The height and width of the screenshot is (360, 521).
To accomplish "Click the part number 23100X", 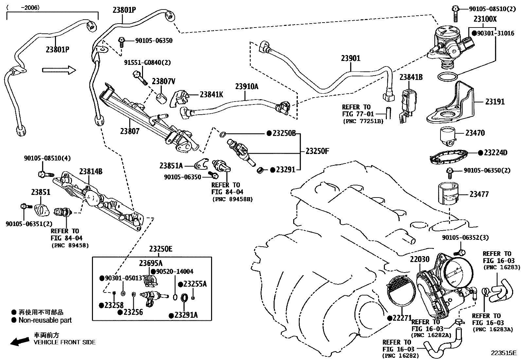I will (485, 19).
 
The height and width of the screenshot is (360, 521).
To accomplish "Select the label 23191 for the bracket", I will (495, 102).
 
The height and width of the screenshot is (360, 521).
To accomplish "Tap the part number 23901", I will (350, 58).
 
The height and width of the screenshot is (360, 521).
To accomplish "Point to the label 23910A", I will (246, 86).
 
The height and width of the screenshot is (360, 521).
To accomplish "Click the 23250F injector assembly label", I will (317, 151).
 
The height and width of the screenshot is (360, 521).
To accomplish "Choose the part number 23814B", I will (91, 172).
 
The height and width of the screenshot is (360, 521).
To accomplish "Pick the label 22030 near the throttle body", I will (420, 260).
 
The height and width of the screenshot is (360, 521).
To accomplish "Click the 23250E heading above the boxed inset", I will (160, 249).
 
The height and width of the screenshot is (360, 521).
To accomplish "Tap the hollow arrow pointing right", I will (59, 70).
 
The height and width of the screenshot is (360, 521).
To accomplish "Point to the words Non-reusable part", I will (45, 320).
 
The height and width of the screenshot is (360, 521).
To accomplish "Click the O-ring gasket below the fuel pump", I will (447, 77).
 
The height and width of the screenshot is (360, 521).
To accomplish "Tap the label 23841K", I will (211, 95).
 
